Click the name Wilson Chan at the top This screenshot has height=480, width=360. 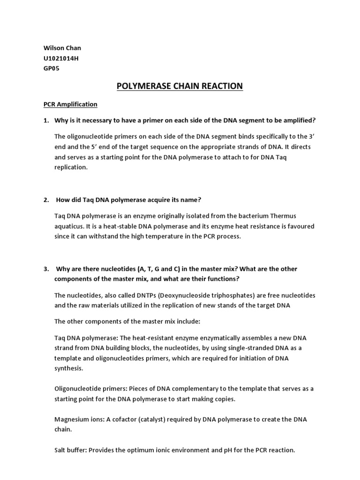coord(59,48)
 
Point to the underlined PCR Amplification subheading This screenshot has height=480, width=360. coord(70,104)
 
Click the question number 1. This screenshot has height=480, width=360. coord(46,120)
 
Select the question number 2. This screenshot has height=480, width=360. coord(46,200)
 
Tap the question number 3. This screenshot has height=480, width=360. coord(46,269)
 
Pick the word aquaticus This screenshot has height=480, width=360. coord(69,226)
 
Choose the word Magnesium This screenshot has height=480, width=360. coord(72,419)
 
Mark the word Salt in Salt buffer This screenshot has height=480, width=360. coord(61,450)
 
